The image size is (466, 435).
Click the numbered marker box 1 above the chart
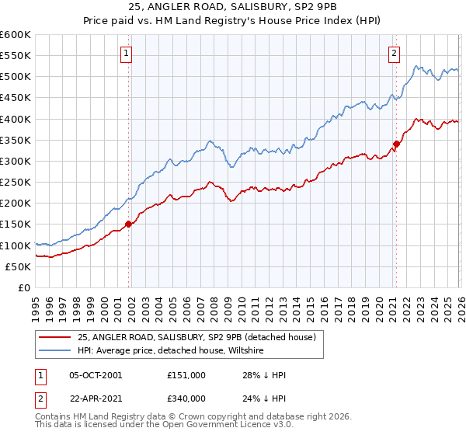[x=125, y=54]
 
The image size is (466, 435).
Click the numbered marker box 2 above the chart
[x=395, y=54]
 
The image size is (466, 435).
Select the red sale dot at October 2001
[x=129, y=224]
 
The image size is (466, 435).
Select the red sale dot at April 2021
[x=396, y=144]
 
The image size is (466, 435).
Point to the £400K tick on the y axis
[x=16, y=119]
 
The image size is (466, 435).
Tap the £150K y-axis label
[x=16, y=224]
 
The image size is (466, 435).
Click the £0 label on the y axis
[x=23, y=288]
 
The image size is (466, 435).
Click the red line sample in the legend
[x=55, y=338]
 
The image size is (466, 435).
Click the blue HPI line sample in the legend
[x=55, y=351]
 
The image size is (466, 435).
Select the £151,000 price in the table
[x=186, y=375]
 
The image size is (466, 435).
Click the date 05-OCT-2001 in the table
[x=96, y=375]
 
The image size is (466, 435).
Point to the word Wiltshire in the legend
[x=245, y=351]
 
